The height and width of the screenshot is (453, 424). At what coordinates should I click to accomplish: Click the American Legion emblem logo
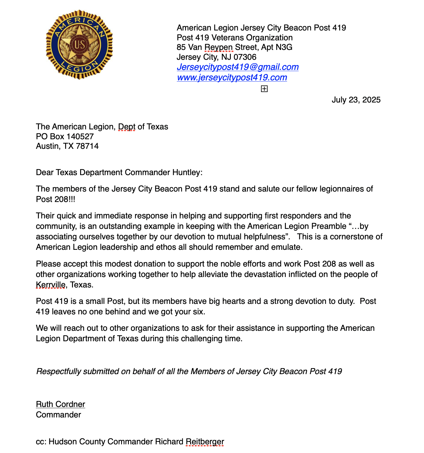pos(79,45)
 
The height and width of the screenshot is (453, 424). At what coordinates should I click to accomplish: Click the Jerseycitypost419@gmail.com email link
pos(237,67)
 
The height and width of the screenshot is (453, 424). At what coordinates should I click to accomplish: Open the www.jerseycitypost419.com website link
pos(232,77)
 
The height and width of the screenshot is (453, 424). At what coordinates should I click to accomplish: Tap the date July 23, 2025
pos(356,100)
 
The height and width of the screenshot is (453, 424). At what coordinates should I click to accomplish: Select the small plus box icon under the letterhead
pos(264,89)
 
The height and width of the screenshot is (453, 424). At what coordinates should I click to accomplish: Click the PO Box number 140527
pos(80,137)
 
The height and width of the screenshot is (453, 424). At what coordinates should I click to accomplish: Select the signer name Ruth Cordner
pos(60,404)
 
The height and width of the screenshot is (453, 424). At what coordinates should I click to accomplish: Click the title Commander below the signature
pos(58,415)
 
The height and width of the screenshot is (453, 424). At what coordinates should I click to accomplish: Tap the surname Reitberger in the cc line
pos(205,442)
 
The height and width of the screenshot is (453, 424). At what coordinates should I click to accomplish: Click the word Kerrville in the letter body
pos(51,285)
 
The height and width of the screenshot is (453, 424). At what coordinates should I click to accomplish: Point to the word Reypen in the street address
pos(219,47)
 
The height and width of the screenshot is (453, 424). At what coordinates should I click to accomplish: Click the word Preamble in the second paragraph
pos(329,226)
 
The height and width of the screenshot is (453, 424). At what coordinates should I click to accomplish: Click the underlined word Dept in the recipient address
pos(127,127)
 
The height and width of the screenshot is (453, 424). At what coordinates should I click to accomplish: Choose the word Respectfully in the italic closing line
pos(59,371)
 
